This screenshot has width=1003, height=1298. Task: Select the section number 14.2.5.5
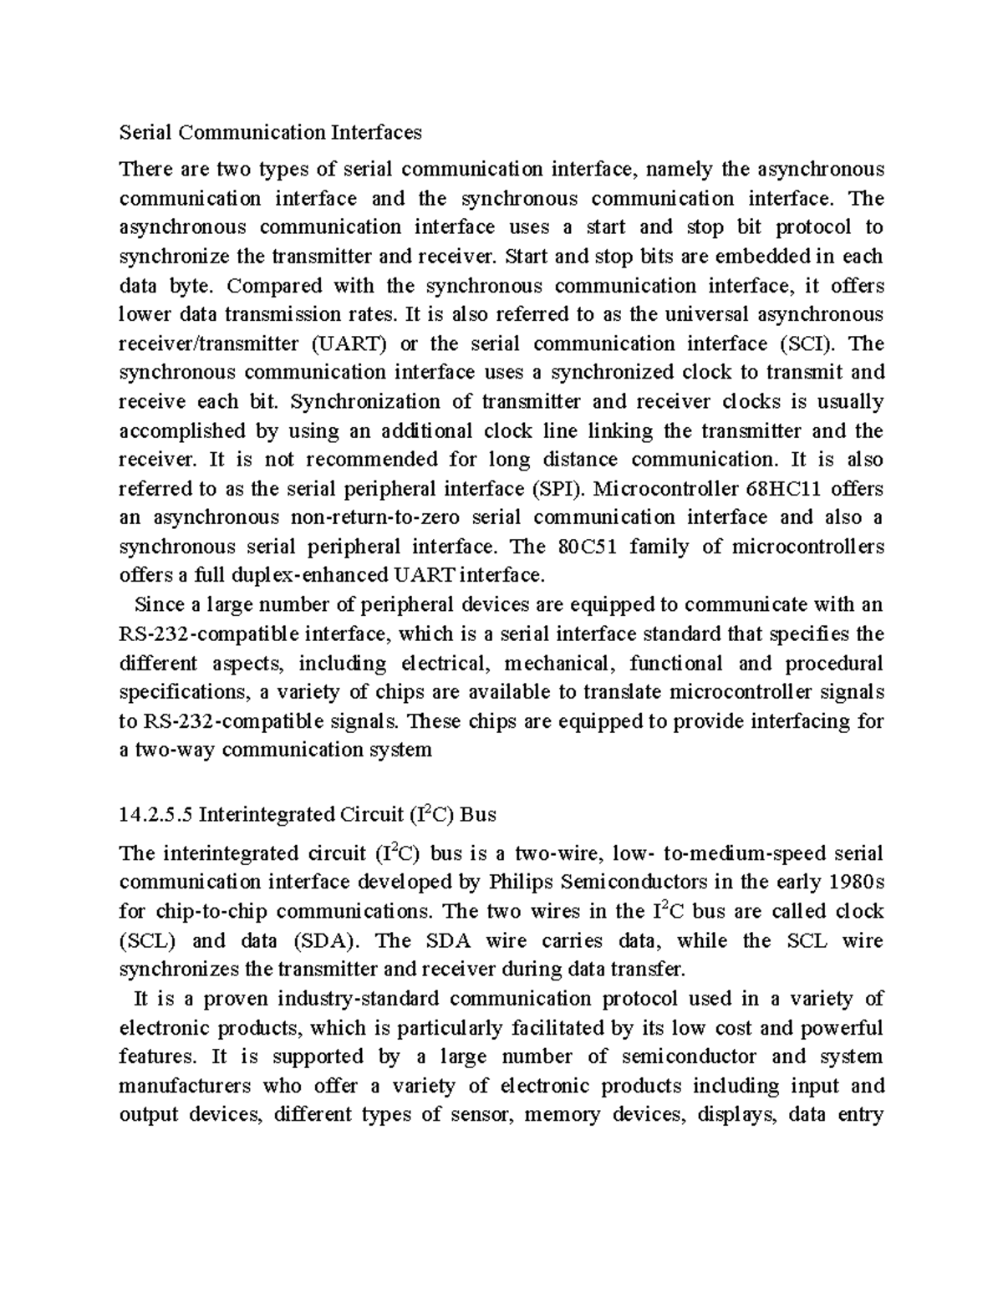pos(156,814)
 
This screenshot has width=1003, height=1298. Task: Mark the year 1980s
pos(856,882)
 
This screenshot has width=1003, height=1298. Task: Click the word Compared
pos(274,286)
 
